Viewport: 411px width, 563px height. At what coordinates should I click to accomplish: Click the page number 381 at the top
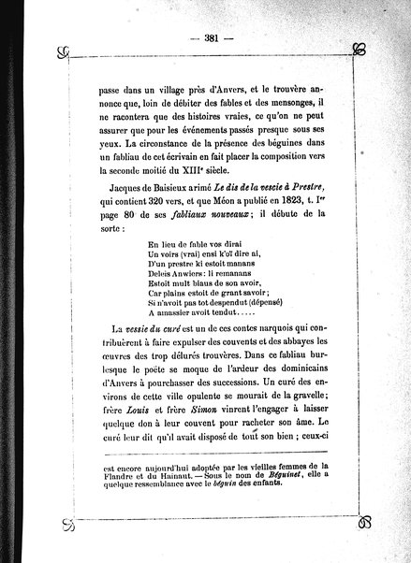(204, 39)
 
